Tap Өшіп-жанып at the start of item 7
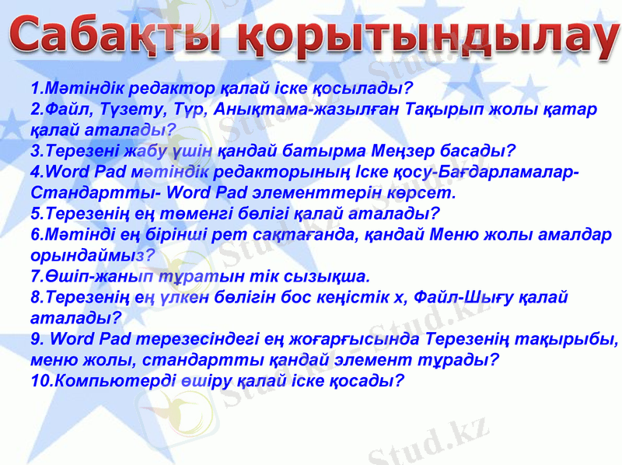[x=86, y=276]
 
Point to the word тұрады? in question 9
[x=463, y=360]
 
